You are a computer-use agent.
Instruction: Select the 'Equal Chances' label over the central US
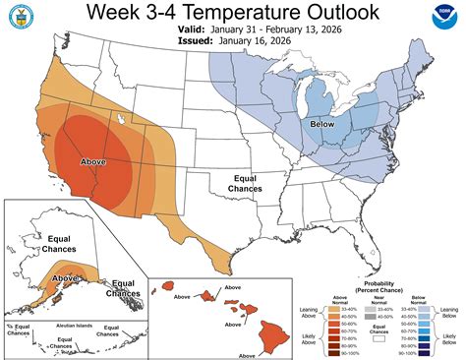tap(245, 183)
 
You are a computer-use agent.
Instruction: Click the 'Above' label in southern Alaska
tap(65, 278)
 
